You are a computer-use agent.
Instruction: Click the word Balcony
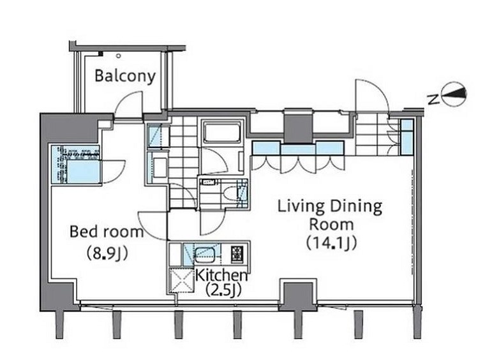click(125, 76)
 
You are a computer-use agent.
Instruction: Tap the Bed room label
click(107, 232)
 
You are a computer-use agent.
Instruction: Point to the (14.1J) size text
click(332, 243)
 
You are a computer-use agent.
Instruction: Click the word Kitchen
click(222, 275)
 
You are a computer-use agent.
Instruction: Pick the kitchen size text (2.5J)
click(223, 290)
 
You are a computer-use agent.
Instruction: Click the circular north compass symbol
click(454, 94)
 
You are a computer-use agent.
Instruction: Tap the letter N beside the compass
click(433, 99)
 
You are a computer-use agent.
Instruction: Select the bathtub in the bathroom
click(221, 133)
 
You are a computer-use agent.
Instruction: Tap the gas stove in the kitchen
click(237, 253)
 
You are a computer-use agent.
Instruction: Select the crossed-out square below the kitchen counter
click(182, 280)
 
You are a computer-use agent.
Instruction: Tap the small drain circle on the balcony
click(119, 56)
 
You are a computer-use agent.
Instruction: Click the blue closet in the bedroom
click(76, 165)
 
